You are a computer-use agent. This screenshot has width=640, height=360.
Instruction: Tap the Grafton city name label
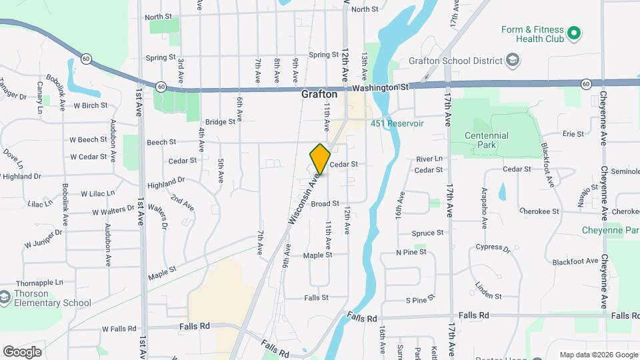tap(319, 95)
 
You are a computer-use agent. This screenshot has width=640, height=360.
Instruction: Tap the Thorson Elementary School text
tap(51, 299)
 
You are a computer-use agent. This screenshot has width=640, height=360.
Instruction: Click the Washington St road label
tap(381, 87)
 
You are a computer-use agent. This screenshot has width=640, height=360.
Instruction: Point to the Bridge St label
tap(221, 122)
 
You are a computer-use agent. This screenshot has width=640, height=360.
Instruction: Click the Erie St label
tap(573, 134)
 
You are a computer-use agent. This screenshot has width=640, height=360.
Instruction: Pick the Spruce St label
tap(428, 233)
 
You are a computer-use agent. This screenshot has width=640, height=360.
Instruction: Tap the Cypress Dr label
tap(493, 249)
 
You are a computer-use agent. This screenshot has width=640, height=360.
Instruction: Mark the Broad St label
tap(325, 203)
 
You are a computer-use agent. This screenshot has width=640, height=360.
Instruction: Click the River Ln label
tap(429, 159)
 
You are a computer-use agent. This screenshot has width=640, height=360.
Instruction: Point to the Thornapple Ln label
tap(40, 283)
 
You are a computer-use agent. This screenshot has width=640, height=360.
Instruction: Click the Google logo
tap(22, 351)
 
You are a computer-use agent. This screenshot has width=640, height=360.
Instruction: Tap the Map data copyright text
tap(598, 355)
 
